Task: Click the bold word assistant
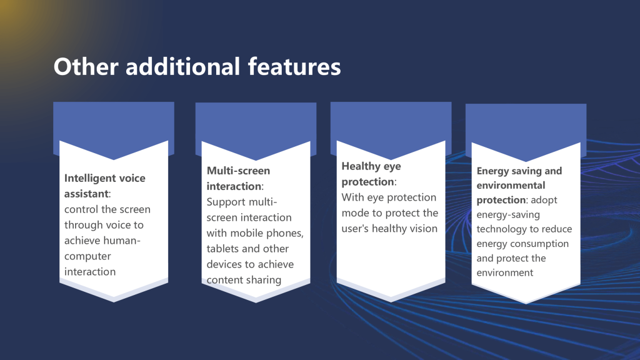click(86, 194)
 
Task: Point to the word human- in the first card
click(126, 241)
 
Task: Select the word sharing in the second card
click(264, 280)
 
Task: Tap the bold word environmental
click(511, 185)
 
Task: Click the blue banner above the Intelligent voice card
click(114, 122)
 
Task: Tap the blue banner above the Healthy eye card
click(391, 122)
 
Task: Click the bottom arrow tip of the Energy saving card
click(526, 302)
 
